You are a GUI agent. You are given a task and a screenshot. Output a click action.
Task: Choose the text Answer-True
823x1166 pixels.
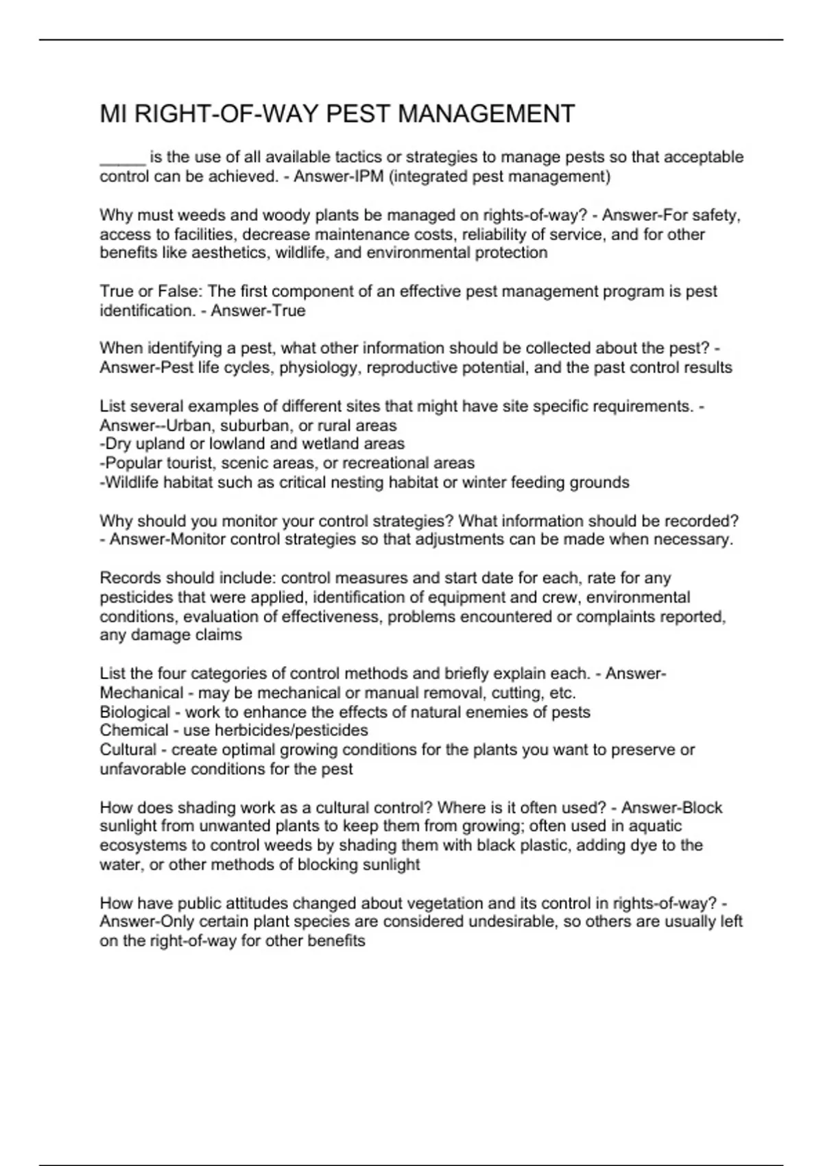pos(258,311)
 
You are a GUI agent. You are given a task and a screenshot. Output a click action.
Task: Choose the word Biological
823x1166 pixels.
pos(134,712)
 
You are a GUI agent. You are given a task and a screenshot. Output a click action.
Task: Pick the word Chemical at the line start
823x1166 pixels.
pos(134,730)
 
